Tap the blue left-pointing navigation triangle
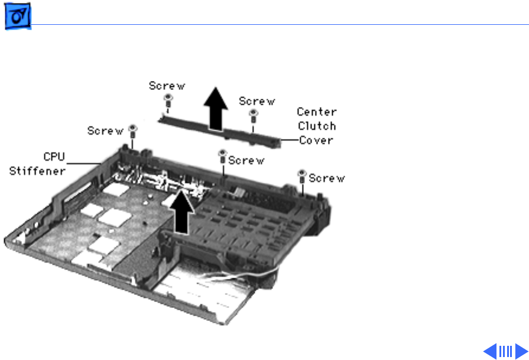[490, 351]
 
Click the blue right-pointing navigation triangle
[520, 351]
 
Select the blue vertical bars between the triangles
[505, 351]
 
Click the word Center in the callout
[316, 112]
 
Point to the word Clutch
[316, 126]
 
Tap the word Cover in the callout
[316, 140]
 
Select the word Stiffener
[37, 171]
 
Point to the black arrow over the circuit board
[183, 214]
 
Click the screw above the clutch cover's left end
[167, 103]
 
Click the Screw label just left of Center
[257, 101]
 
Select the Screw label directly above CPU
[105, 131]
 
